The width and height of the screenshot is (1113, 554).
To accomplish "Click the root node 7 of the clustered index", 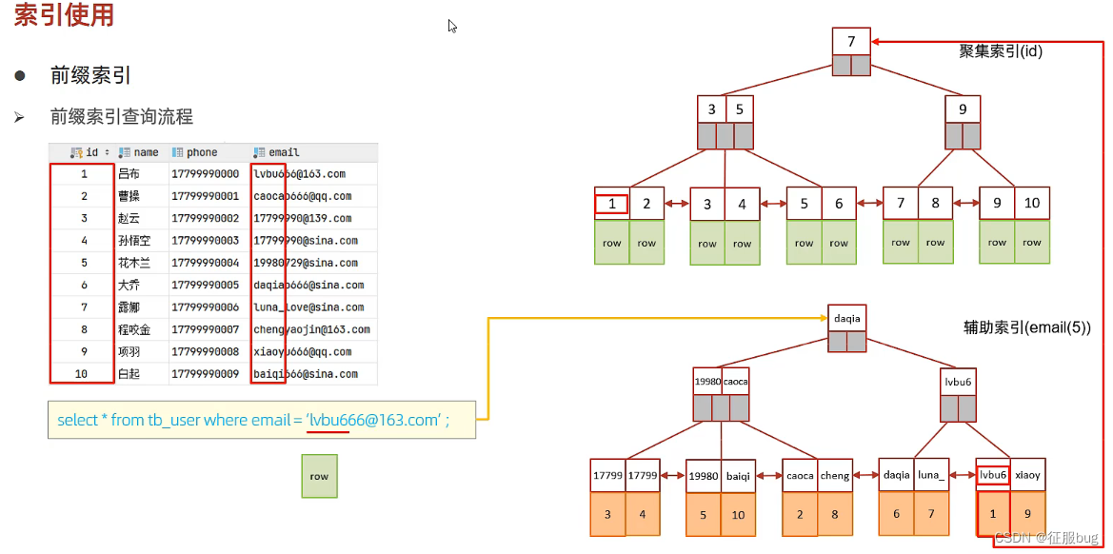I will click(x=851, y=42).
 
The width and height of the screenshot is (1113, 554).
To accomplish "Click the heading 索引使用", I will click(x=64, y=16).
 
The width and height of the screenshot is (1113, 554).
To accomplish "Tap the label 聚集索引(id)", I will click(x=1001, y=51).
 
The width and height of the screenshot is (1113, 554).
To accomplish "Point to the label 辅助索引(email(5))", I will click(x=1027, y=327).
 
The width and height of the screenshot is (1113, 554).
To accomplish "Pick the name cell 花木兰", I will click(x=133, y=263).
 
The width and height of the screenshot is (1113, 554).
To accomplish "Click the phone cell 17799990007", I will click(x=205, y=329).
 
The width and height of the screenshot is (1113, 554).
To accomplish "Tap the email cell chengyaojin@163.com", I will click(x=311, y=329).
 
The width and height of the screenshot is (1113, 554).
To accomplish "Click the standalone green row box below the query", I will click(x=319, y=476).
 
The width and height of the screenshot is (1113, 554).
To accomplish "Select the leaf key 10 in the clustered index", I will click(x=1032, y=204).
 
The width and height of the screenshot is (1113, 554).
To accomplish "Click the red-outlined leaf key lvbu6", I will click(x=993, y=475).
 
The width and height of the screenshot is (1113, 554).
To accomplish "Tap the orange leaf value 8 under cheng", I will click(x=835, y=514).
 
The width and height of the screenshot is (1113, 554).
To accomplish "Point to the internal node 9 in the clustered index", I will click(x=963, y=109).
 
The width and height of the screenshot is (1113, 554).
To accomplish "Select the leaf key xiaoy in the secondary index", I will click(x=1028, y=475).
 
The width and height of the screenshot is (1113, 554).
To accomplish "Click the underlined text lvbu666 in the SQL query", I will click(x=328, y=420).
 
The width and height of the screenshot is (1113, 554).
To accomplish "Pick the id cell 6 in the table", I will click(x=84, y=285).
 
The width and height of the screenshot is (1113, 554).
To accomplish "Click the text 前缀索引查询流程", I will click(x=122, y=117).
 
